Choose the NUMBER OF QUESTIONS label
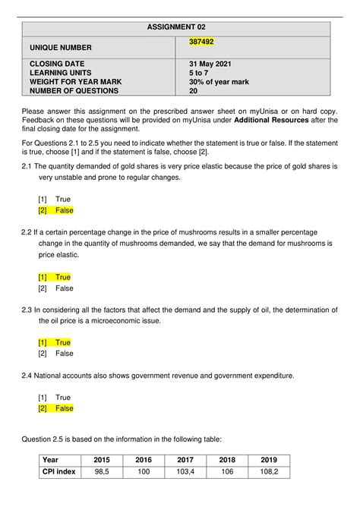click(x=74, y=90)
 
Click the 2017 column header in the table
click(x=185, y=460)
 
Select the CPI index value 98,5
click(x=102, y=471)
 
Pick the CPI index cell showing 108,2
click(x=269, y=471)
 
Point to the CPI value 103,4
click(x=185, y=471)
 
